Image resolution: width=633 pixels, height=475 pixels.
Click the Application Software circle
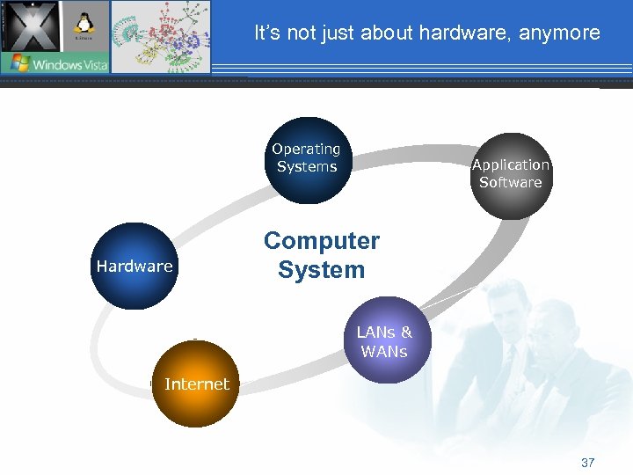(510, 175)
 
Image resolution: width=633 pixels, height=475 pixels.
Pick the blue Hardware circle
(134, 266)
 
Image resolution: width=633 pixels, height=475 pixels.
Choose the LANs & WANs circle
(385, 340)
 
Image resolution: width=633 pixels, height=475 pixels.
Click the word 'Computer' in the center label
(322, 241)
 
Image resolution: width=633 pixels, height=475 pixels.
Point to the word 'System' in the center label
(322, 270)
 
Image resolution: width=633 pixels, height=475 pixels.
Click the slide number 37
(588, 463)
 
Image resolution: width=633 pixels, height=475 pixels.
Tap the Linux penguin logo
(85, 24)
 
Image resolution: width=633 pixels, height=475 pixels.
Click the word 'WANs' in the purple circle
(384, 352)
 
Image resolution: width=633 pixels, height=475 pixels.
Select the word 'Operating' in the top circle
(306, 150)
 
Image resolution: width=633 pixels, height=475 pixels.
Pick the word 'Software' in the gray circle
(510, 183)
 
